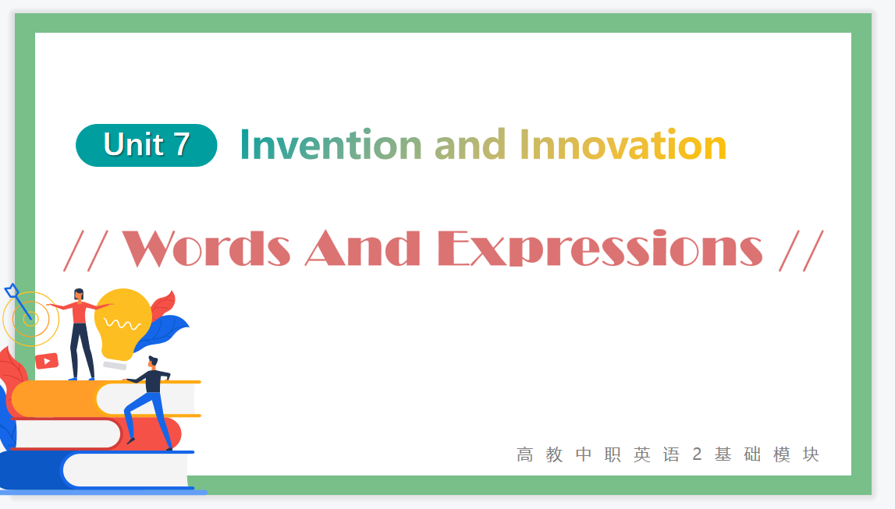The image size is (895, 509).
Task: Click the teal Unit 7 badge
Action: (x=146, y=145)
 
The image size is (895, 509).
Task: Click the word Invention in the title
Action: (x=331, y=145)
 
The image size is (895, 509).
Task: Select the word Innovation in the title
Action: (x=623, y=145)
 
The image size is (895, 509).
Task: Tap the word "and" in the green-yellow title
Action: (x=471, y=145)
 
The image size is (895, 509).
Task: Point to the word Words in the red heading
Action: (x=206, y=249)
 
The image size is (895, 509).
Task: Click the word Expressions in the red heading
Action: (x=600, y=249)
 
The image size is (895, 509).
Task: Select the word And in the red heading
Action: (x=363, y=249)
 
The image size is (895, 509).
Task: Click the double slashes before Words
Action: (x=86, y=251)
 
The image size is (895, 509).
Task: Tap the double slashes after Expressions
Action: (x=801, y=251)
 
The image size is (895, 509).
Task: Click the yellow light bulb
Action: (x=123, y=325)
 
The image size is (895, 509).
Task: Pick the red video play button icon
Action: (x=47, y=361)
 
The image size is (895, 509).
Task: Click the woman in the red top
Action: (x=80, y=334)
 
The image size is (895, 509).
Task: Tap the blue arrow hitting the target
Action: (x=18, y=302)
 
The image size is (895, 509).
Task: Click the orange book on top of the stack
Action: (x=105, y=398)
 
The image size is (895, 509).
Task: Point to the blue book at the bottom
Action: (x=97, y=470)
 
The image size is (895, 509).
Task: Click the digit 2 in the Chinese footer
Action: (x=697, y=454)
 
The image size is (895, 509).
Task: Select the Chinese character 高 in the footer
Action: (x=524, y=454)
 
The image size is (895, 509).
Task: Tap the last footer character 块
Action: (x=811, y=454)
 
